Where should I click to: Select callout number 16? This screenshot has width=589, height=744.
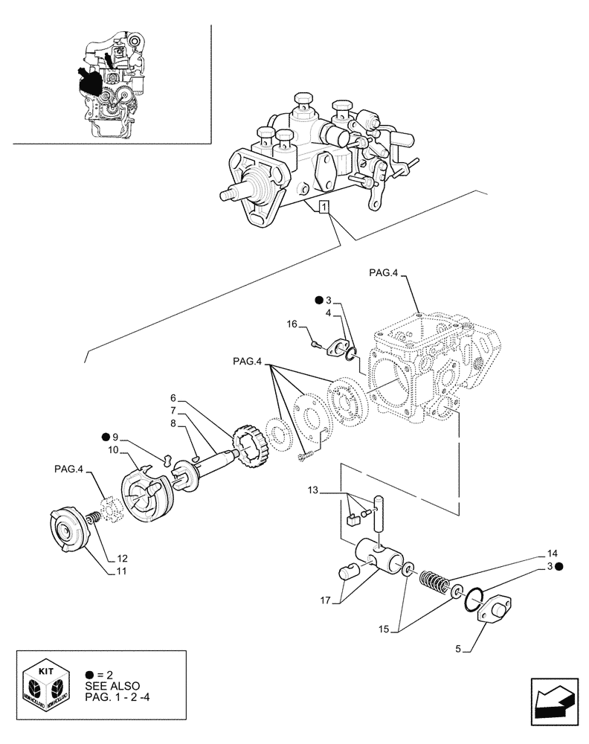(292, 324)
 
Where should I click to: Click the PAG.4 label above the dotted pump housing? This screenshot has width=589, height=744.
(383, 275)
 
